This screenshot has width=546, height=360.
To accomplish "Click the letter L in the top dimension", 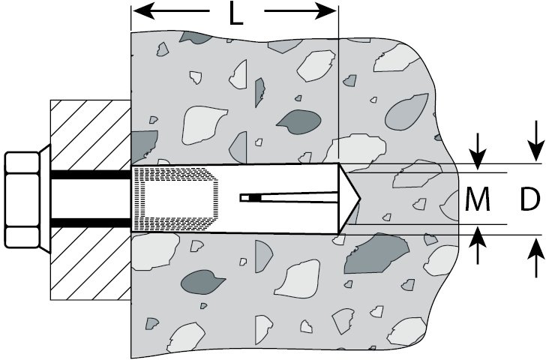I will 235,15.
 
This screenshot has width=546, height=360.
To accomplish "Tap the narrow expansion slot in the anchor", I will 300,198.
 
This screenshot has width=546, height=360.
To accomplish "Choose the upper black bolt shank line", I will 90,175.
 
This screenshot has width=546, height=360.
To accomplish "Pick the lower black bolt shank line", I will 90,223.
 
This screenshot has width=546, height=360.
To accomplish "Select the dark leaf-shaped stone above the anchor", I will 300,120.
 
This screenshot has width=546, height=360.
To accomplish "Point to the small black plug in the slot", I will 254,198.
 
